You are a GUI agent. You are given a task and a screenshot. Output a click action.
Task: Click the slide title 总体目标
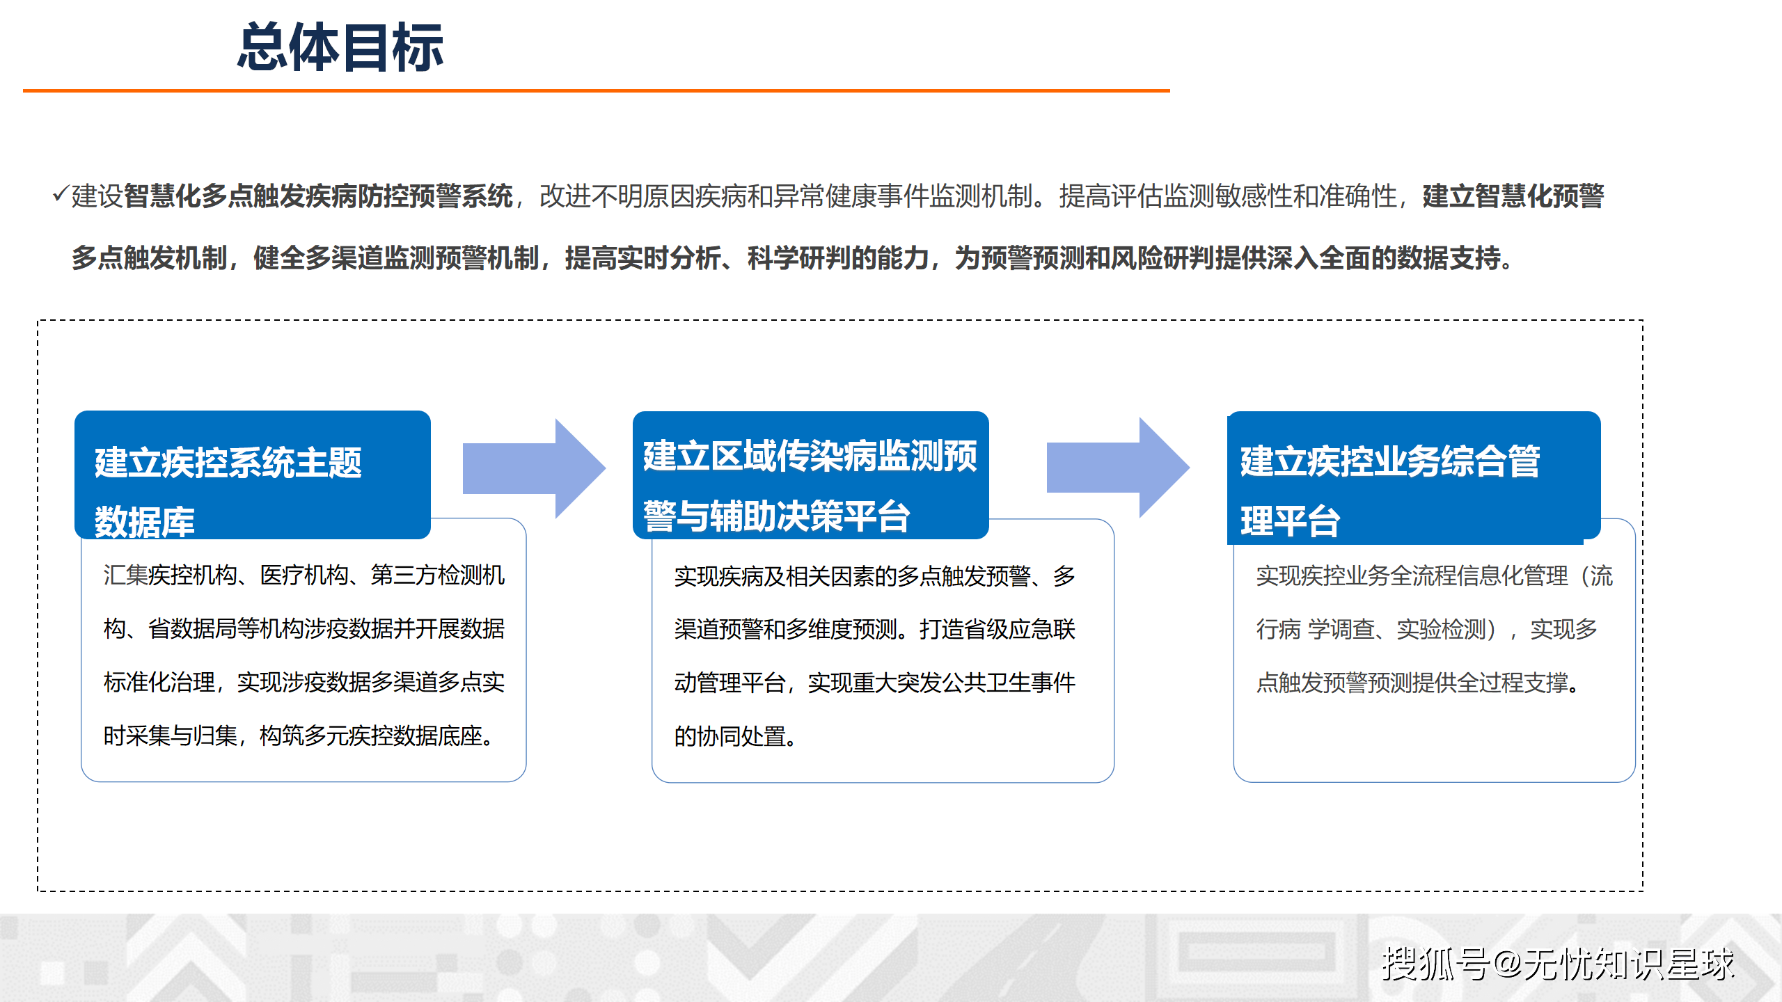[340, 47]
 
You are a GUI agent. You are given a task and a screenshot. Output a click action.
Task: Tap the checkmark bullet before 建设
[60, 194]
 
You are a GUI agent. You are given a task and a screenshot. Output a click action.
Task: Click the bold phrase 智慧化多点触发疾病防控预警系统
[318, 196]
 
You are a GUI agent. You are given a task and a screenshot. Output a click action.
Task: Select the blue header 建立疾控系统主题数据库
[252, 475]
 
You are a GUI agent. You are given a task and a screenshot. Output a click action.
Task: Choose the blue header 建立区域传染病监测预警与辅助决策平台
[810, 476]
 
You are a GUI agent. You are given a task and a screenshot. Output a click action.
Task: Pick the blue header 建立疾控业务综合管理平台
[1413, 477]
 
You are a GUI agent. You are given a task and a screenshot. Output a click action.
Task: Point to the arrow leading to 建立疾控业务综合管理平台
[1118, 468]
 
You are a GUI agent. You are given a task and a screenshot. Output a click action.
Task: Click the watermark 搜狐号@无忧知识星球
[1558, 964]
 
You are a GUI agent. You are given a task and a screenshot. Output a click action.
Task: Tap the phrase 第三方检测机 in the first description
[437, 575]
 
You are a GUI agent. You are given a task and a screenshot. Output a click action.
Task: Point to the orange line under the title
[596, 90]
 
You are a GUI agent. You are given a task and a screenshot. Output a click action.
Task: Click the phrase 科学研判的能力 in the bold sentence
[837, 258]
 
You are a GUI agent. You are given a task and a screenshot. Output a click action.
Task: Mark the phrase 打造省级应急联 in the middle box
[997, 630]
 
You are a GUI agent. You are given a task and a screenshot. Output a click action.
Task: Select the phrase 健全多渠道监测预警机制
[395, 258]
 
